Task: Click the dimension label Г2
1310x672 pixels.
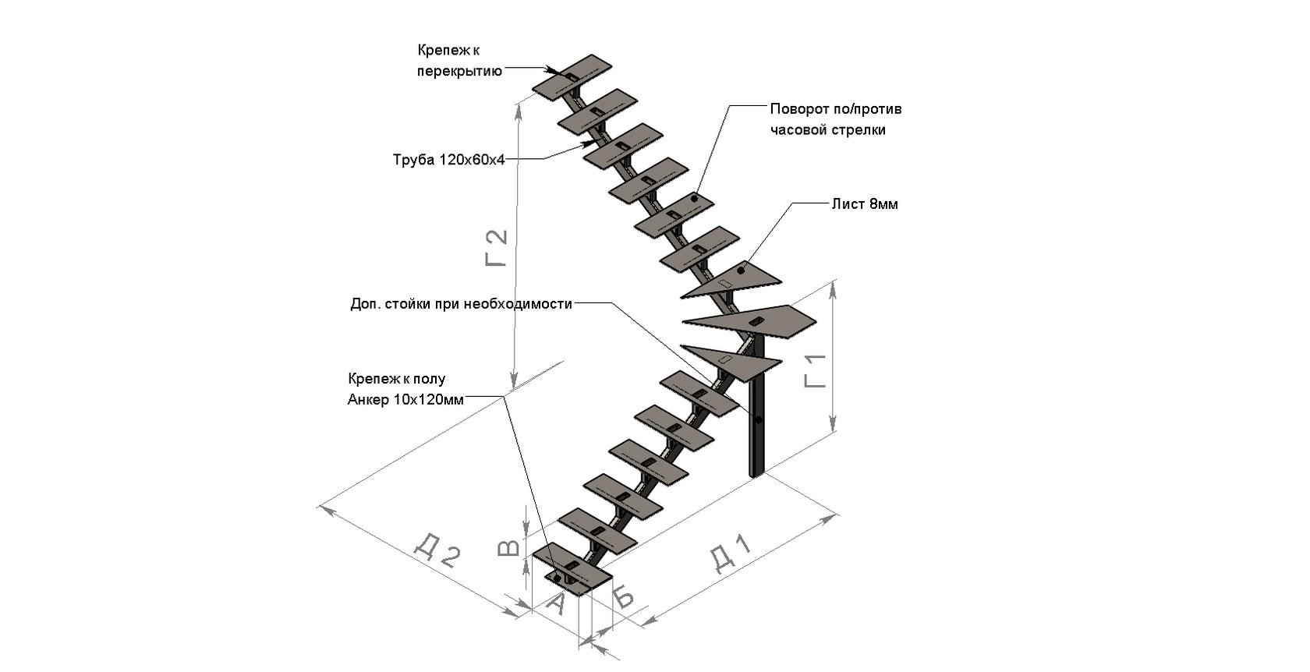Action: click(x=496, y=248)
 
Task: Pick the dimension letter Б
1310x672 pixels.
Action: click(x=623, y=596)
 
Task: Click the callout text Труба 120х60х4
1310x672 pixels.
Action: click(x=449, y=161)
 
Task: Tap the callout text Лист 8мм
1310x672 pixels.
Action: click(x=864, y=204)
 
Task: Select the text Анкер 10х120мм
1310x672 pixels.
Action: click(x=405, y=400)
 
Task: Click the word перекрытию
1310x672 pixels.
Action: click(x=458, y=71)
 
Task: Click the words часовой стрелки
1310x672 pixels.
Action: click(x=827, y=130)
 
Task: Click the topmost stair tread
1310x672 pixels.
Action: click(x=572, y=76)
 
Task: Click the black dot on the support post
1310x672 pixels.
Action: click(x=758, y=421)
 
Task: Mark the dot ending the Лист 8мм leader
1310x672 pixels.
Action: click(x=741, y=270)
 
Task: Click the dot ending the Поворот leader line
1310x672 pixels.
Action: click(x=694, y=200)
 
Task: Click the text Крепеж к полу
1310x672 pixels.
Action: click(x=396, y=380)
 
